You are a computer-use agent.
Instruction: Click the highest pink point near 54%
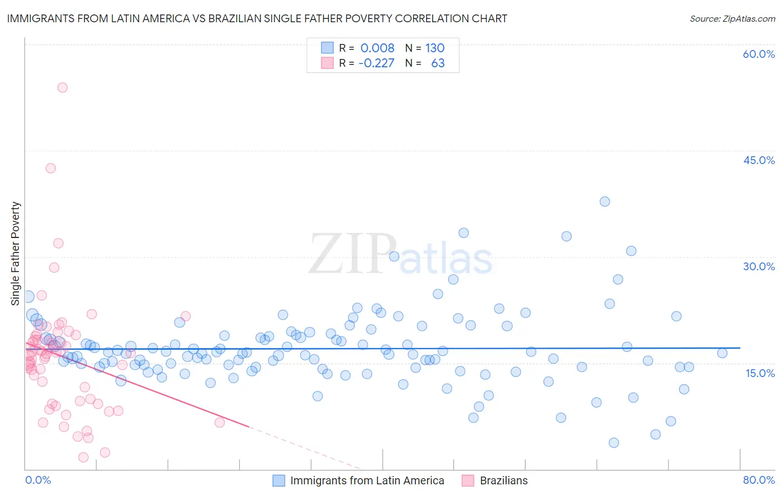62,87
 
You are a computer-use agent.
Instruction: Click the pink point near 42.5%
51,168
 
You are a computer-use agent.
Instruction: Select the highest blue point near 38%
605,201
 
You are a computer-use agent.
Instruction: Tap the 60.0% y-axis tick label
759,54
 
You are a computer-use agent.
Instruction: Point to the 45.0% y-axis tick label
759,160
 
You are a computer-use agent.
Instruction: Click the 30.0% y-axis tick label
759,266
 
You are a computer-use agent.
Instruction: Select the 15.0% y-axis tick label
760,373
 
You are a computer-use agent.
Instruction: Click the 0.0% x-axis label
38,480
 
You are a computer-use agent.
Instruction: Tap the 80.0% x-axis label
759,480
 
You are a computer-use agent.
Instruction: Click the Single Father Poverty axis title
16,253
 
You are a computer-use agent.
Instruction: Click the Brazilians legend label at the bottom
503,480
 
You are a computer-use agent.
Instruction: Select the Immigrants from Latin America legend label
367,480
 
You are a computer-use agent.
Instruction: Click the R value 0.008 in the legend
377,48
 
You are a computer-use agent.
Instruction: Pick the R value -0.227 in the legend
376,63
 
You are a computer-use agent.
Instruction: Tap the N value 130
435,48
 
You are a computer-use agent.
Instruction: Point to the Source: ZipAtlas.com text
732,18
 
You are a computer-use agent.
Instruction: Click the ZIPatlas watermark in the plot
400,254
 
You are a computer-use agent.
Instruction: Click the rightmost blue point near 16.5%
722,353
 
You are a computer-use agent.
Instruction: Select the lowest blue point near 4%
613,443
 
